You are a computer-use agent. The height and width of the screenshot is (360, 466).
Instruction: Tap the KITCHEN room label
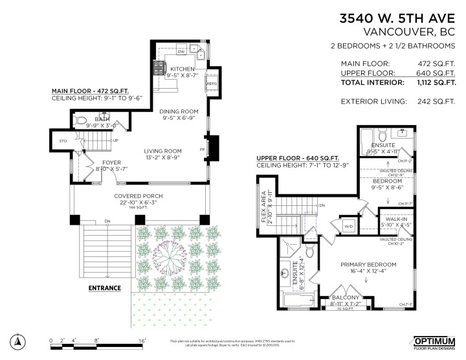click(x=183, y=68)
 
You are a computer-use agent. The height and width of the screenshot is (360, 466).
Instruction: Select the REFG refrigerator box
click(x=212, y=84)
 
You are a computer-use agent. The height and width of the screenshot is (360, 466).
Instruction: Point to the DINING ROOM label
click(x=179, y=111)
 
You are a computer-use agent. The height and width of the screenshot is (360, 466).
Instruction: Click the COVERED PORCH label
click(x=139, y=196)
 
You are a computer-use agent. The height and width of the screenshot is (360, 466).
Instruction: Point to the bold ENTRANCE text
click(x=105, y=287)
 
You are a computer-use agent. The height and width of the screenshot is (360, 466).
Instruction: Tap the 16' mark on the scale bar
click(x=142, y=340)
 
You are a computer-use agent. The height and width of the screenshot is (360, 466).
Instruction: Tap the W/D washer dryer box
click(x=348, y=226)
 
